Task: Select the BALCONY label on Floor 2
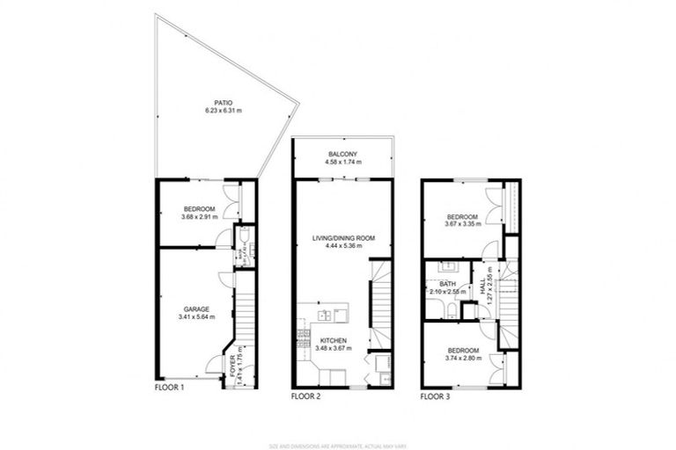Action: pos(342,155)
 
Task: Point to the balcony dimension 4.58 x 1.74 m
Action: pos(342,163)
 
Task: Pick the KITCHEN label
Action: pos(334,341)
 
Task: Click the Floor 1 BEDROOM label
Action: pos(199,209)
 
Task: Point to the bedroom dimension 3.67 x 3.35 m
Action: pos(463,225)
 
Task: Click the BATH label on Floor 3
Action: pos(448,283)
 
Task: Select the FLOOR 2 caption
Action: pos(305,396)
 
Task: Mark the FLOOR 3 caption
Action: pos(434,396)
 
